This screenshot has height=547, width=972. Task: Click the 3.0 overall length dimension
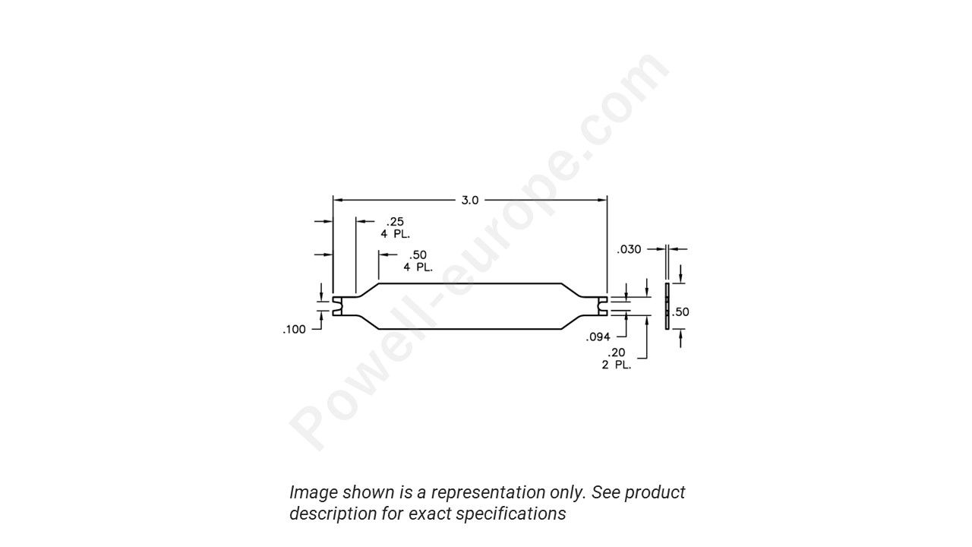pyautogui.click(x=470, y=201)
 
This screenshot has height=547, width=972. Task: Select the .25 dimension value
pyautogui.click(x=395, y=222)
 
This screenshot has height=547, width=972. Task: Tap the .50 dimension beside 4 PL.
pyautogui.click(x=418, y=255)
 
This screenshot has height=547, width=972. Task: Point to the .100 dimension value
pyautogui.click(x=294, y=330)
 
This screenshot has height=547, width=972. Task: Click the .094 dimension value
pyautogui.click(x=598, y=337)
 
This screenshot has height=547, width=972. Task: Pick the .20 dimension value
pyautogui.click(x=616, y=353)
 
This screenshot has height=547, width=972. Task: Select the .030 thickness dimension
pyautogui.click(x=629, y=249)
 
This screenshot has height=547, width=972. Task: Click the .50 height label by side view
pyautogui.click(x=681, y=312)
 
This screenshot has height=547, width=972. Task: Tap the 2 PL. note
pyautogui.click(x=617, y=365)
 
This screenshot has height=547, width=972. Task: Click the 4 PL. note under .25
pyautogui.click(x=395, y=234)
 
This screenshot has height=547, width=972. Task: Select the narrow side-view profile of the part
pyautogui.click(x=667, y=307)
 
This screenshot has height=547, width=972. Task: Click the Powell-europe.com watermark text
pyautogui.click(x=478, y=251)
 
